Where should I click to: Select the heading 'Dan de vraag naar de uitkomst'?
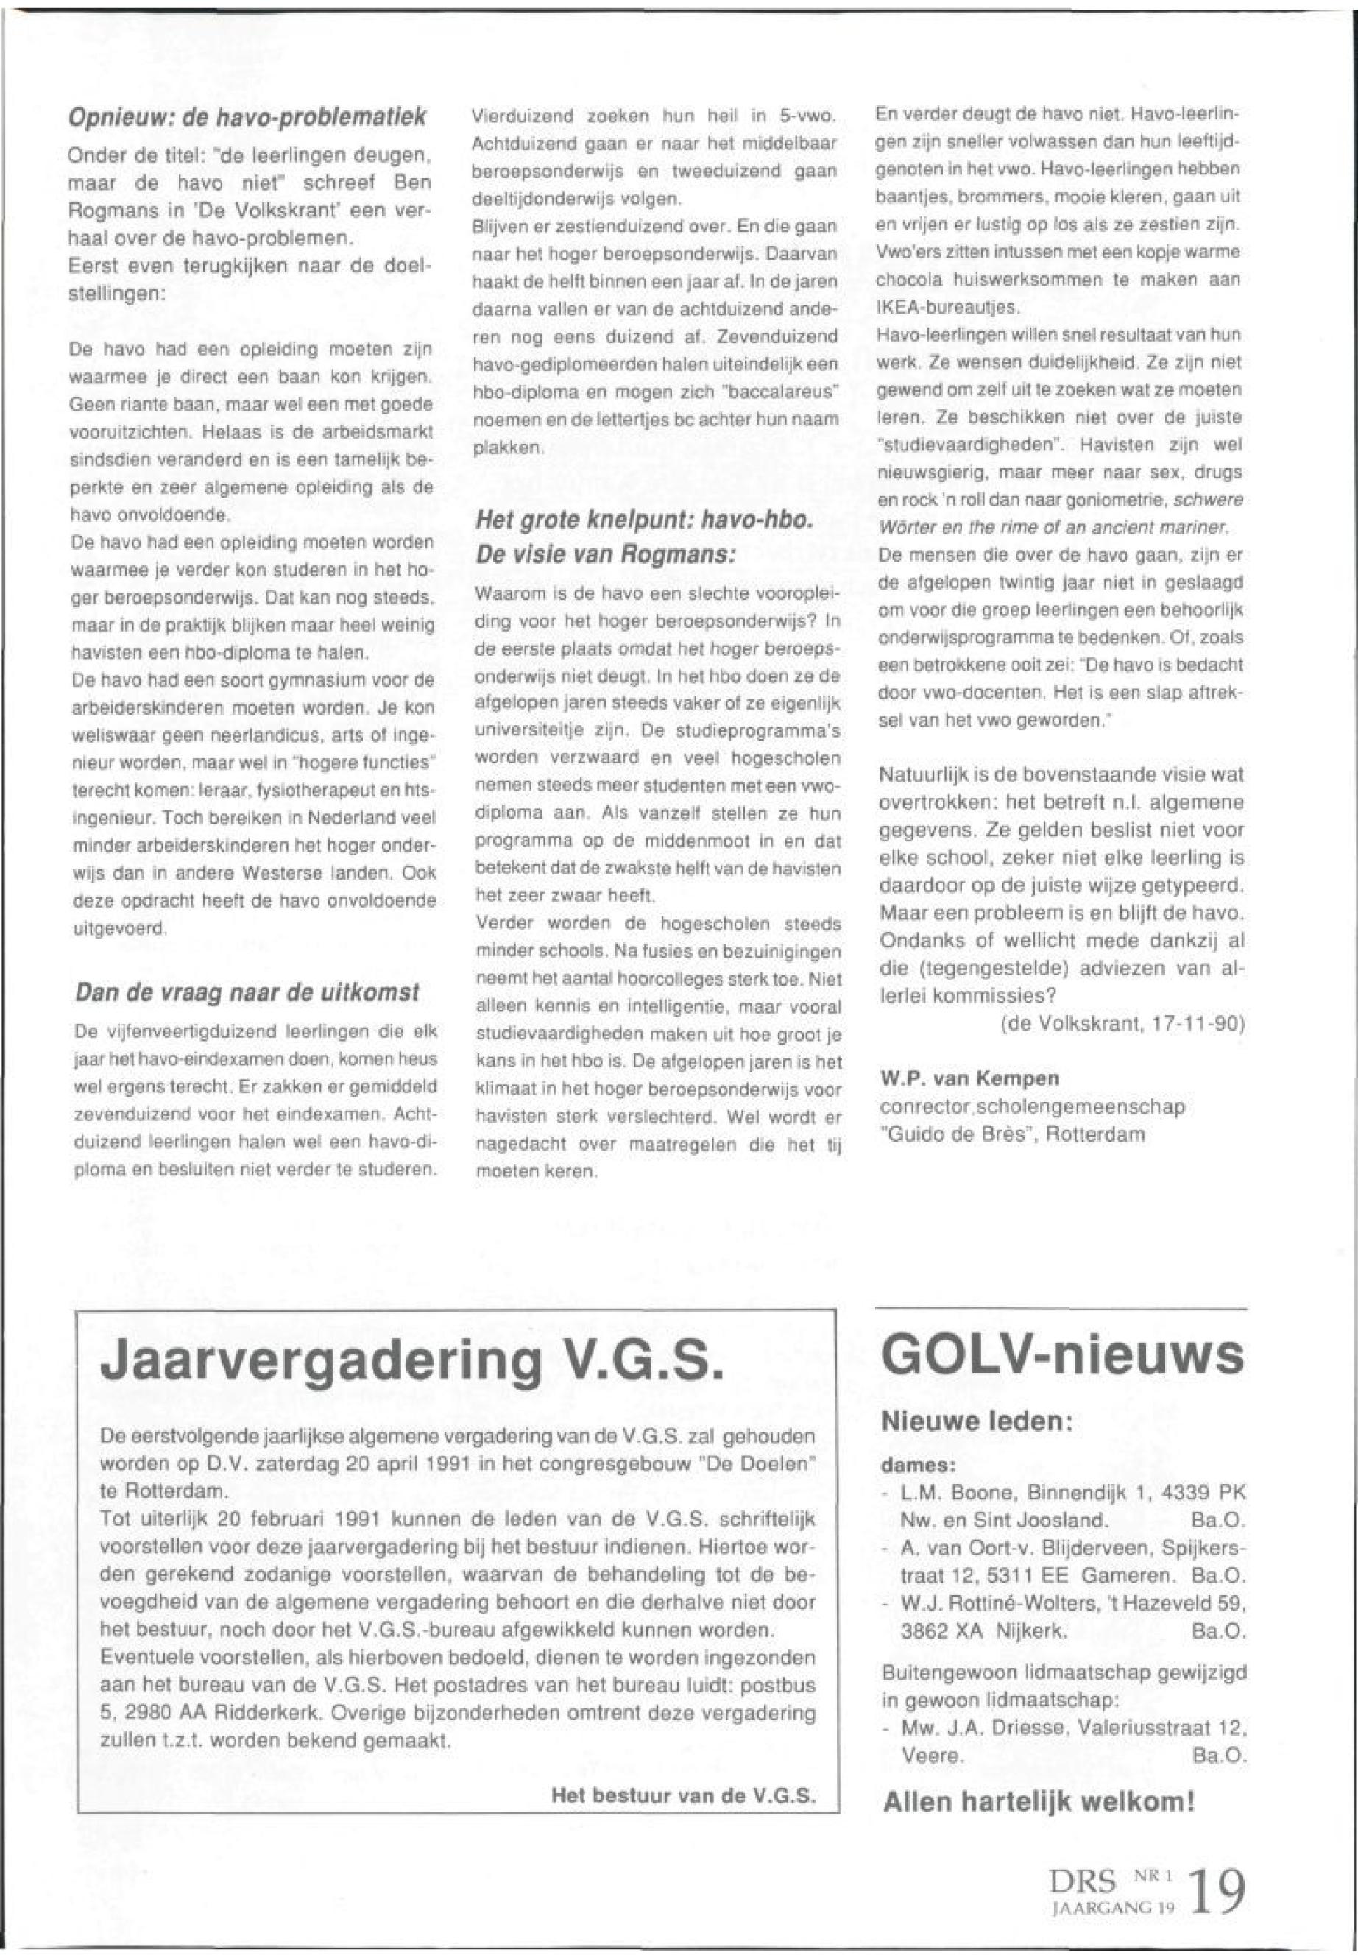tap(247, 993)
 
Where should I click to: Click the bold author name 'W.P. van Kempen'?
tap(969, 1079)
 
